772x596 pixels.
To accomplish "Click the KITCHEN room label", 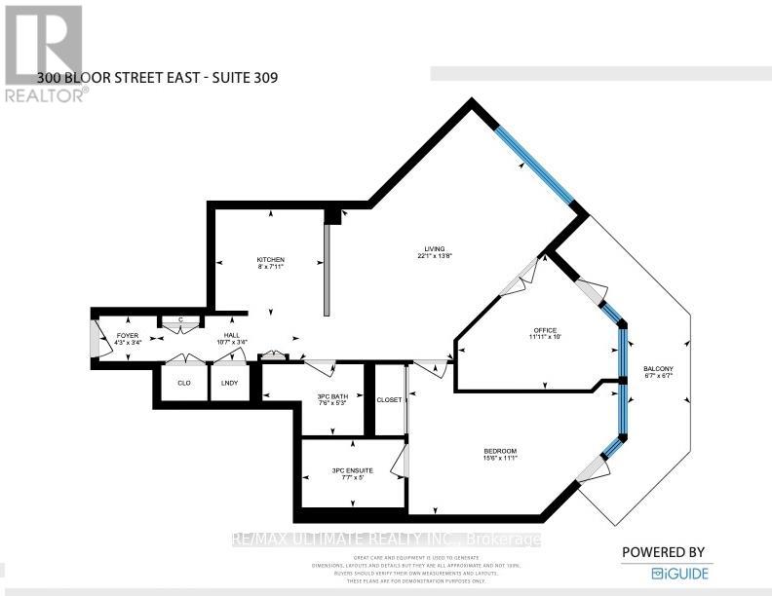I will (x=270, y=259).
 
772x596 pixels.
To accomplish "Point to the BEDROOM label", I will (x=500, y=451).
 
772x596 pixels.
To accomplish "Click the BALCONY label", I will (x=658, y=368).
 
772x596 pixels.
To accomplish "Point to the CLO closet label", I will (x=182, y=383).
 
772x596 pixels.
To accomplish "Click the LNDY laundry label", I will (x=230, y=383).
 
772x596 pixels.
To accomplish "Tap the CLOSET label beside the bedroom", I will (x=390, y=399).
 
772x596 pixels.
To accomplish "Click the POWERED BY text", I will (x=663, y=551).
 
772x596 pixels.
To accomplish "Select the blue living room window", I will (x=533, y=166).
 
